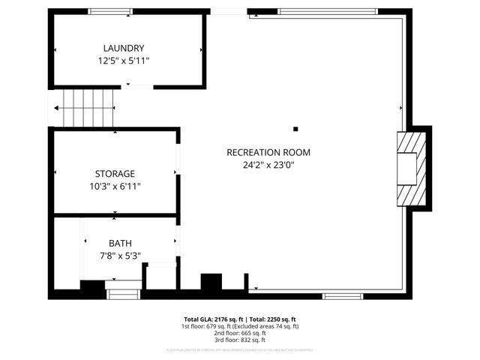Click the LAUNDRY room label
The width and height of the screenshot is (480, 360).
[x=124, y=48]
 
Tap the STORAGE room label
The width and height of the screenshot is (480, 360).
[x=115, y=173]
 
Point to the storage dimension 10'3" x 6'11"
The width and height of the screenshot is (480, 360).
[x=115, y=185]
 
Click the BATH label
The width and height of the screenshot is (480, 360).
[x=120, y=243]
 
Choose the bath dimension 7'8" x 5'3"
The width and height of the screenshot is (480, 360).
[x=120, y=255]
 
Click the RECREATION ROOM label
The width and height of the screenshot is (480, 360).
[x=268, y=152]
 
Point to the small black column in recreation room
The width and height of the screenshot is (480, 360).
[x=295, y=128]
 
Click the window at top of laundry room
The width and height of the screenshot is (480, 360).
[x=110, y=11]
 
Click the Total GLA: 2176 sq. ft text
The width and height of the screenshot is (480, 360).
[x=213, y=319]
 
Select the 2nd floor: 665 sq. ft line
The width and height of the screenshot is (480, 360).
[x=240, y=334]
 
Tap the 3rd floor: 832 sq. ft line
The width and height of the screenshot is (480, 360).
[x=240, y=341]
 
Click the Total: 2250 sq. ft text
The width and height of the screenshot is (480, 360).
[x=272, y=319]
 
